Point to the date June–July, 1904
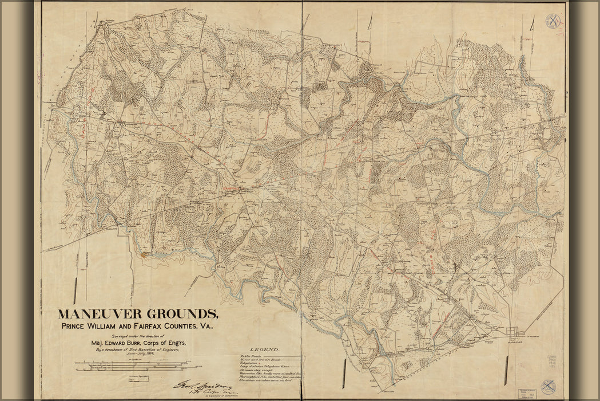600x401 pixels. pos(137,355)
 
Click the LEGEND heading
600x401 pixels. pos(264,349)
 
